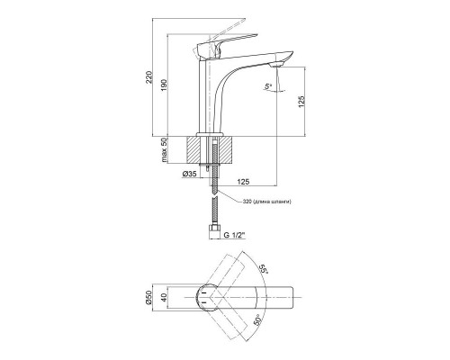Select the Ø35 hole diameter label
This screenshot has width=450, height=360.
[x=190, y=174]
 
